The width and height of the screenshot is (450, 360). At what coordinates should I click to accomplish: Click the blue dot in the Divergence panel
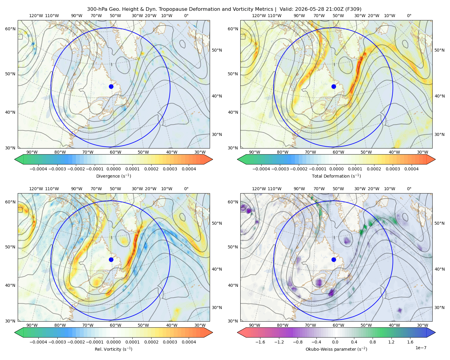[x=111, y=86]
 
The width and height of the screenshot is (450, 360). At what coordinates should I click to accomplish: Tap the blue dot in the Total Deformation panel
[x=334, y=86]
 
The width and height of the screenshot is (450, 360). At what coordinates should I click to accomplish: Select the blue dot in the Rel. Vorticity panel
[x=111, y=259]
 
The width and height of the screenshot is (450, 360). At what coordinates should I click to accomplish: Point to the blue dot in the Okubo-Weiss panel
[x=334, y=259]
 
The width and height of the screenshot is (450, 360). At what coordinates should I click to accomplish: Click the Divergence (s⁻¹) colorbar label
[x=113, y=176]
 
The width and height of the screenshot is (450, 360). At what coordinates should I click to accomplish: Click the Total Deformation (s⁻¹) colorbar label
[x=336, y=176]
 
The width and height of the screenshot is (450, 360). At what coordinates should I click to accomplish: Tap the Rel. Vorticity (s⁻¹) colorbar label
[x=113, y=349]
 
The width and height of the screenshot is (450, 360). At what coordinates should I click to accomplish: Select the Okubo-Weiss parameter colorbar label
[x=336, y=349]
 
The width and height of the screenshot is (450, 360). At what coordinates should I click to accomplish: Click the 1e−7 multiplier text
[x=421, y=348]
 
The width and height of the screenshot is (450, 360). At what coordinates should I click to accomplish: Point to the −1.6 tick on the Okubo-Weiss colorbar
[x=260, y=342]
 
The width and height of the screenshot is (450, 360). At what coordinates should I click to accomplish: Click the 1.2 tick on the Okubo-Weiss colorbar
[x=391, y=342]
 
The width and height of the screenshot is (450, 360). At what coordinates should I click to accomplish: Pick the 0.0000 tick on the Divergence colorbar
[x=113, y=169]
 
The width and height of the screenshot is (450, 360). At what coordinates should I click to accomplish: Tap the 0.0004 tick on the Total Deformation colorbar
[x=411, y=169]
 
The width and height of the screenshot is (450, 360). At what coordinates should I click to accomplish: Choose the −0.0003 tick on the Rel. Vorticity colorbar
[x=57, y=342]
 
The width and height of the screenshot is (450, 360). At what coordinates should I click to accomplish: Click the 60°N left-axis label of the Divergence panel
[x=10, y=29]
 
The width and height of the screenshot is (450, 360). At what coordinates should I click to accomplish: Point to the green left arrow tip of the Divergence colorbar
[x=15, y=159]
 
